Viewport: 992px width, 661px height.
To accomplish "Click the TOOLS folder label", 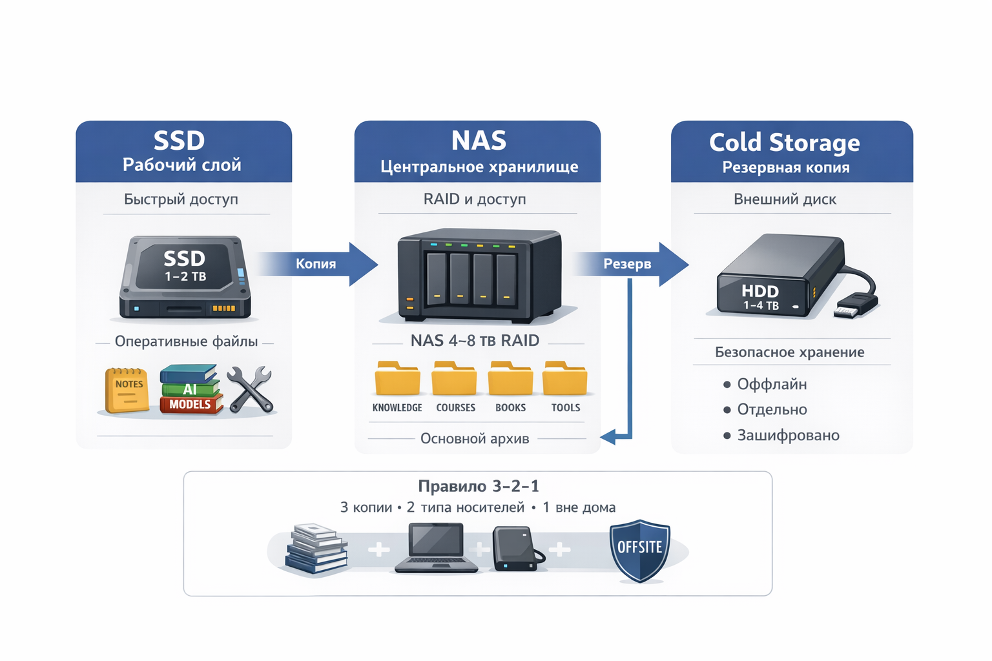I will click(566, 408).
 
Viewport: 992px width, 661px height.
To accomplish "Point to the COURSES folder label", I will click(455, 408).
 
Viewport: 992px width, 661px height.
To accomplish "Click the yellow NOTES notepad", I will click(127, 390).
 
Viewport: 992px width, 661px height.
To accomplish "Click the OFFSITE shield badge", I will click(640, 549).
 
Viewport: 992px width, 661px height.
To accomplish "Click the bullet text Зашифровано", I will click(788, 435).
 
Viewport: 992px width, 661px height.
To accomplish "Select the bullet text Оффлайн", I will click(772, 384).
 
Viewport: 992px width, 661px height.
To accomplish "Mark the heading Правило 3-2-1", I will click(478, 486).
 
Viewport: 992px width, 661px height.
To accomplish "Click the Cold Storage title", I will click(784, 142).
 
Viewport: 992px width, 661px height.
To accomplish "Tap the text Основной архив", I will click(475, 439).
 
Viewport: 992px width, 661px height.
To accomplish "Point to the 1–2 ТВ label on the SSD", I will click(185, 277).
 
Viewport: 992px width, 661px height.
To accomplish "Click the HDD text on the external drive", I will click(760, 291).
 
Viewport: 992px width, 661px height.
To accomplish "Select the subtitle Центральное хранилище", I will click(479, 167).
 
